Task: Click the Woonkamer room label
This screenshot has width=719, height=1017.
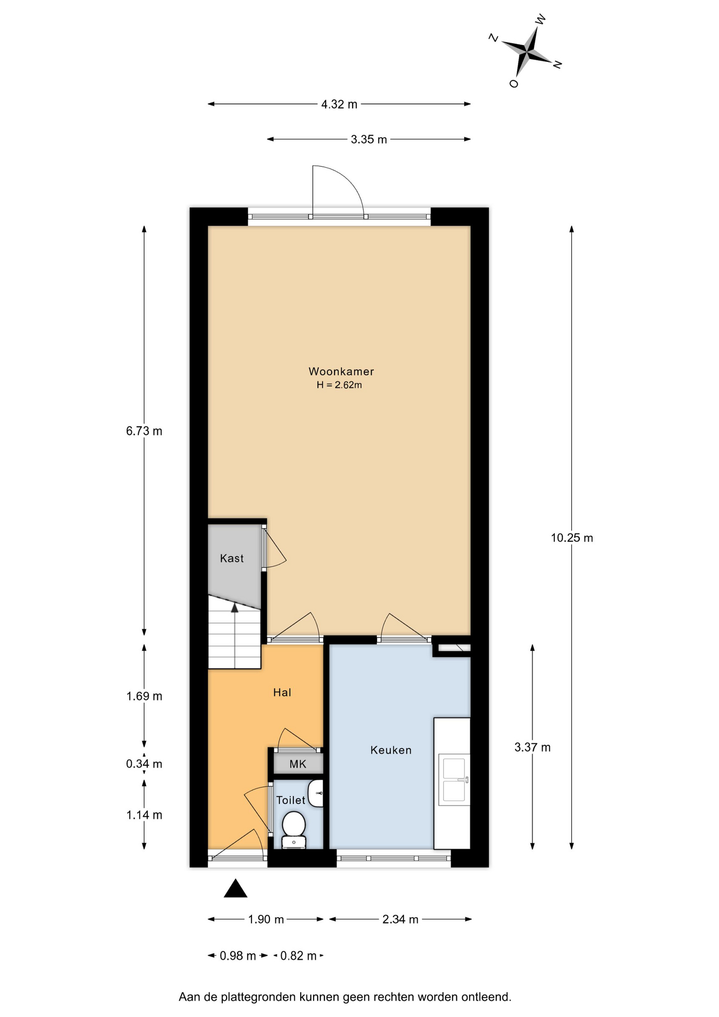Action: point(341,371)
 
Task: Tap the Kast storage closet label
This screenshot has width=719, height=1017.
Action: point(232,558)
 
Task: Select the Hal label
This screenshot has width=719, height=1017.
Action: point(282,692)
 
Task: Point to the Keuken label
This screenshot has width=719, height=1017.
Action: point(391,750)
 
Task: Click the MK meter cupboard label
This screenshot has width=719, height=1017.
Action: point(298,764)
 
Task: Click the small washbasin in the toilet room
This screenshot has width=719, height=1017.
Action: point(316,793)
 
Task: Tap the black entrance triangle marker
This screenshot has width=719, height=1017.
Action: point(236,888)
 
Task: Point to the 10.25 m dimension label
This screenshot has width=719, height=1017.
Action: point(572,538)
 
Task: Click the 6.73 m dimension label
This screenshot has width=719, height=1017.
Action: point(144,431)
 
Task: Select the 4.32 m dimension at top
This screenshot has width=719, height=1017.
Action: point(339,104)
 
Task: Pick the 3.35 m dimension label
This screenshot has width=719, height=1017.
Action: point(369,139)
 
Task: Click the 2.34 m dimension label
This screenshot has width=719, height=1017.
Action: point(400,920)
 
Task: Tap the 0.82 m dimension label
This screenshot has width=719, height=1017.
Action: point(298,956)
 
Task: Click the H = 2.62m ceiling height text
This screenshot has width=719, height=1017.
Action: point(339,385)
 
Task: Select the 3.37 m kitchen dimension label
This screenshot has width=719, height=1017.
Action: point(533,747)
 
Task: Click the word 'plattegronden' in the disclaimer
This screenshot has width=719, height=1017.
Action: point(258,997)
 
